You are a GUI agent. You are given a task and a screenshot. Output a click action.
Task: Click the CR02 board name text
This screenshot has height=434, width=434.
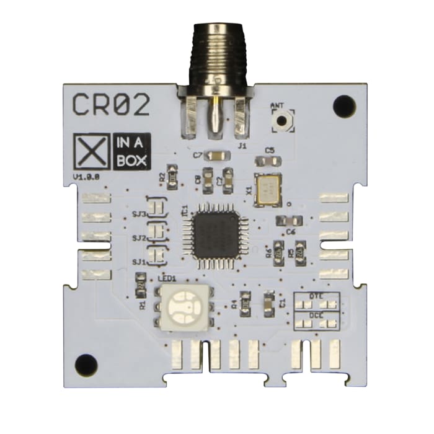(x=111, y=105)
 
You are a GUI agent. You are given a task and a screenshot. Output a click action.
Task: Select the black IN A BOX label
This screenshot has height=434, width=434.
(x=130, y=152)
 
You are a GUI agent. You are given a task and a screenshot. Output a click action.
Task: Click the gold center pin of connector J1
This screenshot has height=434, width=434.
(x=215, y=114)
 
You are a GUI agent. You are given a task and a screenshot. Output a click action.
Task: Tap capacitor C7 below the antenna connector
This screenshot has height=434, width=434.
(x=217, y=156)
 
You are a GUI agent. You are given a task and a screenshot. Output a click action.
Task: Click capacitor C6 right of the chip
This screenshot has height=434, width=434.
(x=289, y=221)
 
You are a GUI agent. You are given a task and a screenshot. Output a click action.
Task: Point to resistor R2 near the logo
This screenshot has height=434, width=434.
(x=174, y=176)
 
